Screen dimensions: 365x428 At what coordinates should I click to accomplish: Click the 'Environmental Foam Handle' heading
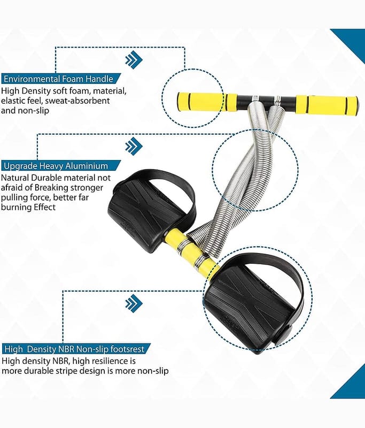click(58, 79)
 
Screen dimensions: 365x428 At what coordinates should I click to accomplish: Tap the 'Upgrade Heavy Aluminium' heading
click(56, 166)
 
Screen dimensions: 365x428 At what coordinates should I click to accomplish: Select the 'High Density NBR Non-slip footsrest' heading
click(74, 349)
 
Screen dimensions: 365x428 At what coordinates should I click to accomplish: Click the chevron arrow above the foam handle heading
click(134, 59)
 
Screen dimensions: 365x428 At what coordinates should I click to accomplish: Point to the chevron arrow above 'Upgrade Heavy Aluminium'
click(134, 146)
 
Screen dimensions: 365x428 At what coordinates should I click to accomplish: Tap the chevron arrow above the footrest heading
click(134, 303)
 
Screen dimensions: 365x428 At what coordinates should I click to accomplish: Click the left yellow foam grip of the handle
click(207, 102)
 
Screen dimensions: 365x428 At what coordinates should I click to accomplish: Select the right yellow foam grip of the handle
click(327, 106)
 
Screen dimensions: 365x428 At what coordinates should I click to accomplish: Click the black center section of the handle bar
click(267, 102)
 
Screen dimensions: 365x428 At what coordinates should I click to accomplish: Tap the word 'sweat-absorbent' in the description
click(77, 101)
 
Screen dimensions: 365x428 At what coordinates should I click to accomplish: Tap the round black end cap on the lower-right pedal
click(282, 335)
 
